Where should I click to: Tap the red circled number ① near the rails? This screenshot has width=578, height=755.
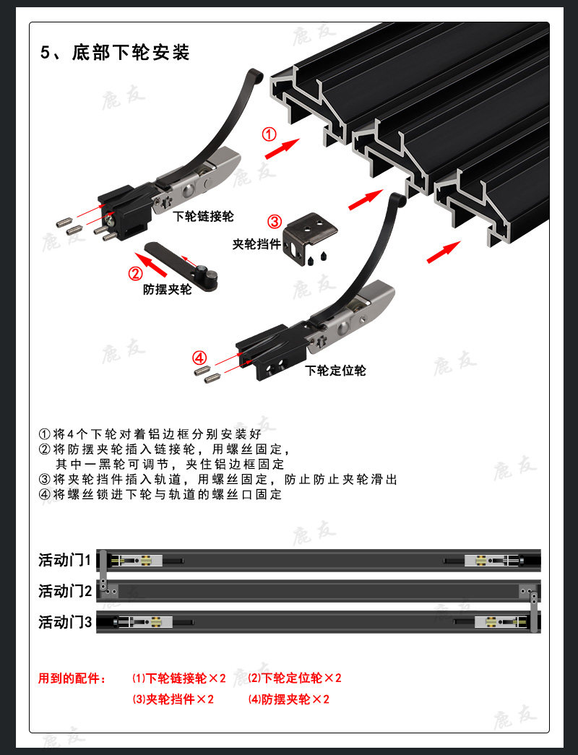click(x=268, y=134)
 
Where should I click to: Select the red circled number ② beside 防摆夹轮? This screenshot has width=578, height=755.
click(x=135, y=273)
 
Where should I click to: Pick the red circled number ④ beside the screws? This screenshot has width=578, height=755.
click(x=199, y=358)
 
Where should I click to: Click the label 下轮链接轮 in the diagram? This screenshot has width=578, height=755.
click(x=203, y=216)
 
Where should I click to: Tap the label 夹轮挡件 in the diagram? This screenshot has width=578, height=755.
click(x=256, y=244)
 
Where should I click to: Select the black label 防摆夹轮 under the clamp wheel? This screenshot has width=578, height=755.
click(x=168, y=290)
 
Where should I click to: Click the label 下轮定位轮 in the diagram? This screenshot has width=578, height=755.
click(x=335, y=371)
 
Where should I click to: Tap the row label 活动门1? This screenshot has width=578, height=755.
click(x=65, y=561)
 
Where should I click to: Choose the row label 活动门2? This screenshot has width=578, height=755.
click(x=65, y=592)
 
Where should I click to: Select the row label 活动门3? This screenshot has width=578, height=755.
click(x=65, y=622)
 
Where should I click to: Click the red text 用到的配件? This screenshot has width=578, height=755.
click(x=72, y=678)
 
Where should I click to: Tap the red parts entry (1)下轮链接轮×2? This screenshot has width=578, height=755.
click(x=178, y=678)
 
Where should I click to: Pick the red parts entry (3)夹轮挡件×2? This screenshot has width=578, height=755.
click(x=173, y=699)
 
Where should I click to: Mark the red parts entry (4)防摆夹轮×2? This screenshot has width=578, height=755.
click(x=288, y=699)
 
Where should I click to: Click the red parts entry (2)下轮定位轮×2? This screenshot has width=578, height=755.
click(x=294, y=678)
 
